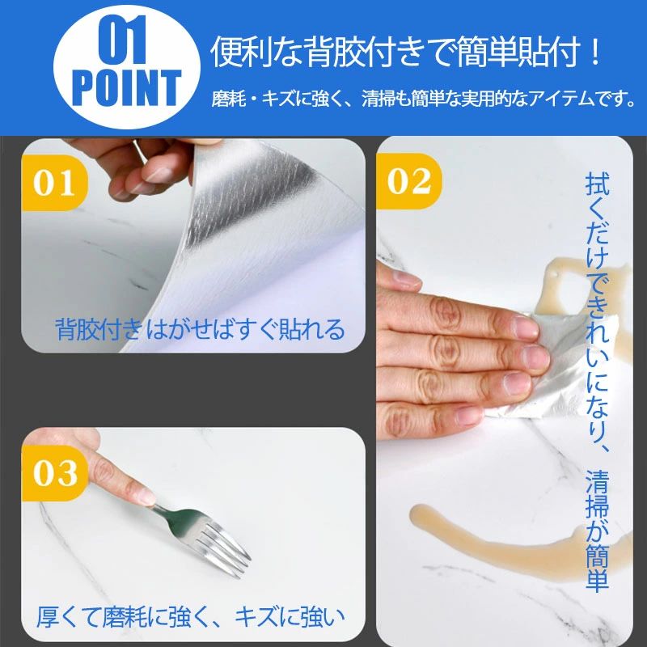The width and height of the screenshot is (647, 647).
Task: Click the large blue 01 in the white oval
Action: [122, 40]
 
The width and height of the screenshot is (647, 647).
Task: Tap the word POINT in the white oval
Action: [127, 88]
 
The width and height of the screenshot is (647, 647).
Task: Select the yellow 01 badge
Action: [54, 183]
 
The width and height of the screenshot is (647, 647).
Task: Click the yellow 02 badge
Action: [409, 181]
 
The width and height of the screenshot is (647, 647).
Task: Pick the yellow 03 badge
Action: [55, 473]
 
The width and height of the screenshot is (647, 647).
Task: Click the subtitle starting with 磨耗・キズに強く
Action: [423, 99]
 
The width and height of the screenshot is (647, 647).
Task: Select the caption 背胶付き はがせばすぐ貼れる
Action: [200, 329]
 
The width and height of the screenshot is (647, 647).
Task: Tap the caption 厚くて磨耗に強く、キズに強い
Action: [191, 617]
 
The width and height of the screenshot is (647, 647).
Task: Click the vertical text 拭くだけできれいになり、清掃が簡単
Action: [597, 382]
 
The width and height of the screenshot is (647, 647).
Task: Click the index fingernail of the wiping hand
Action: [525, 328]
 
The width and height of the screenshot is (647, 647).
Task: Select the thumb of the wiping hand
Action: [398, 277]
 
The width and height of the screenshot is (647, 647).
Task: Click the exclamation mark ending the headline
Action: [594, 52]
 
